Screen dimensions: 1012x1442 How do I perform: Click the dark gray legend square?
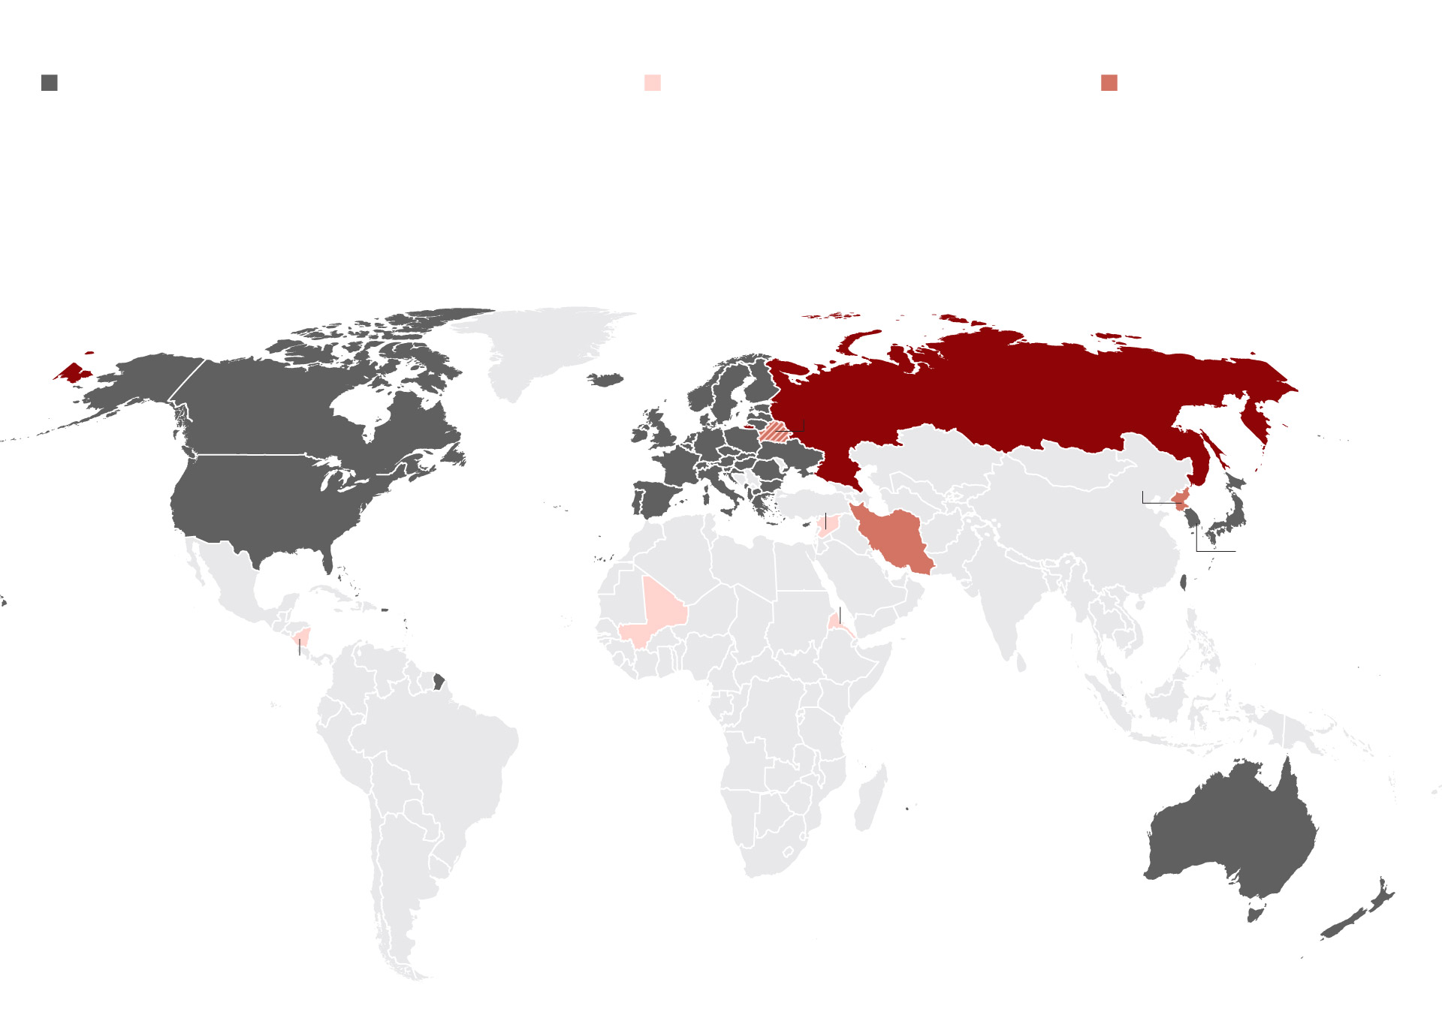pos(50,83)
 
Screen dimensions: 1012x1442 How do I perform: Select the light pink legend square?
pos(653,83)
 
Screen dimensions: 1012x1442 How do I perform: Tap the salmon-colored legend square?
pos(1109,83)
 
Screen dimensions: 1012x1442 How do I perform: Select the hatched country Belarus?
pos(774,432)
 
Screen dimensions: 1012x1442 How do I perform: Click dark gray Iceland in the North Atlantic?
pos(606,380)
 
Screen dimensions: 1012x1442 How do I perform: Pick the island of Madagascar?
pos(870,800)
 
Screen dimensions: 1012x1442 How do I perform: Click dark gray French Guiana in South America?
pos(439,682)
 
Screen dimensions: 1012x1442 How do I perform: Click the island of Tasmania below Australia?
pos(1253,914)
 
